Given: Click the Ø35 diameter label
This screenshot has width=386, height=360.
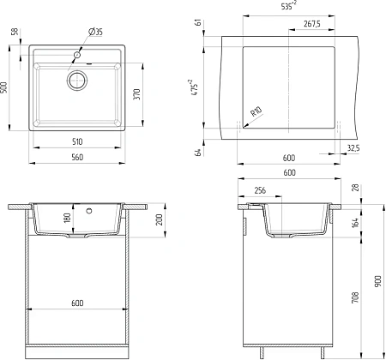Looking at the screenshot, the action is [x=95, y=32].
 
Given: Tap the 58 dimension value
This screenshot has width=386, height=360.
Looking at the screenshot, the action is [x=15, y=31].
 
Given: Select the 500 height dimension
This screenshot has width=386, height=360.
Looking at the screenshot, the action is [x=4, y=87].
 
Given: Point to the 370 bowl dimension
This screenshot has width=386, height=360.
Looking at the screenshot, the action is [x=137, y=94].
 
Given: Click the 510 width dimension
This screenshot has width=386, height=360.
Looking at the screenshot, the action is [x=77, y=141].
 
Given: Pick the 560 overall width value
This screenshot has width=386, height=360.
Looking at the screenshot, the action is [x=77, y=157].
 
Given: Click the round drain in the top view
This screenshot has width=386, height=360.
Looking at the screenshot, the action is [x=77, y=81].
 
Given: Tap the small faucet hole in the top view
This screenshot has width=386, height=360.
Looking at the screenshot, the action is [x=77, y=55].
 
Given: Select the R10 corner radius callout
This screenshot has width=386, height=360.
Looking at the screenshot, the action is [x=256, y=111].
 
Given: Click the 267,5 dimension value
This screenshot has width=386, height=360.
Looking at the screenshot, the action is [x=312, y=24].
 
